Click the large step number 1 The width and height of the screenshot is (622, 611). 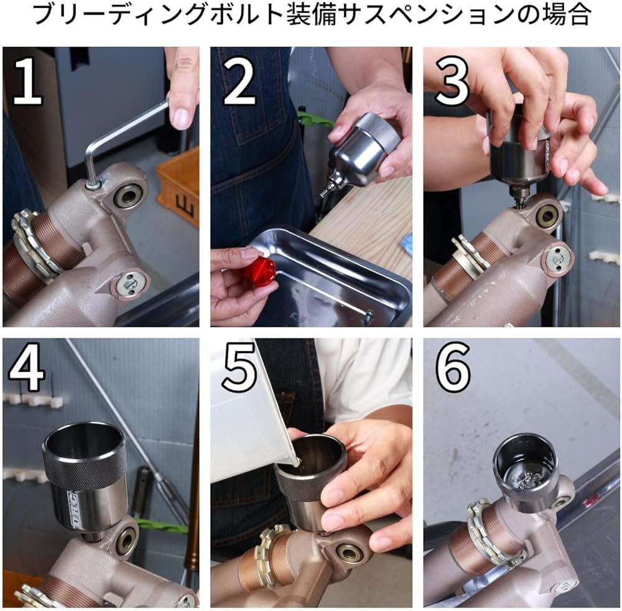tap(27, 80)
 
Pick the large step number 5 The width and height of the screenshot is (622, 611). tap(239, 367)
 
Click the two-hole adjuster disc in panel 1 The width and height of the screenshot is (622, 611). tap(130, 286)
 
